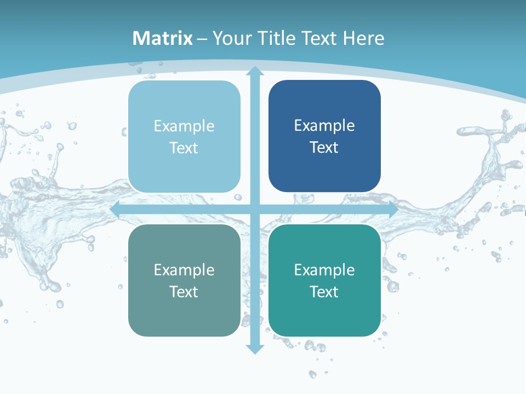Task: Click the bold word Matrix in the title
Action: coord(163,38)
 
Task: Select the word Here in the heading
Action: coord(364,38)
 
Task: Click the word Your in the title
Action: coord(232,38)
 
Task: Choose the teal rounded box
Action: coord(324,315)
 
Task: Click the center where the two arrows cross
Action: coord(254,210)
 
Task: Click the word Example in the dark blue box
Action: coord(324,126)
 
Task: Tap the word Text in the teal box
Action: coord(324,292)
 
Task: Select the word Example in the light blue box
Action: coord(184,126)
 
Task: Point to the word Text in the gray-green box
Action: coord(184,292)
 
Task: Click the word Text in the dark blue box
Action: coord(324,148)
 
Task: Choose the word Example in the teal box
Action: coord(324,270)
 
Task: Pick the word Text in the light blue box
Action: coord(184,148)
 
